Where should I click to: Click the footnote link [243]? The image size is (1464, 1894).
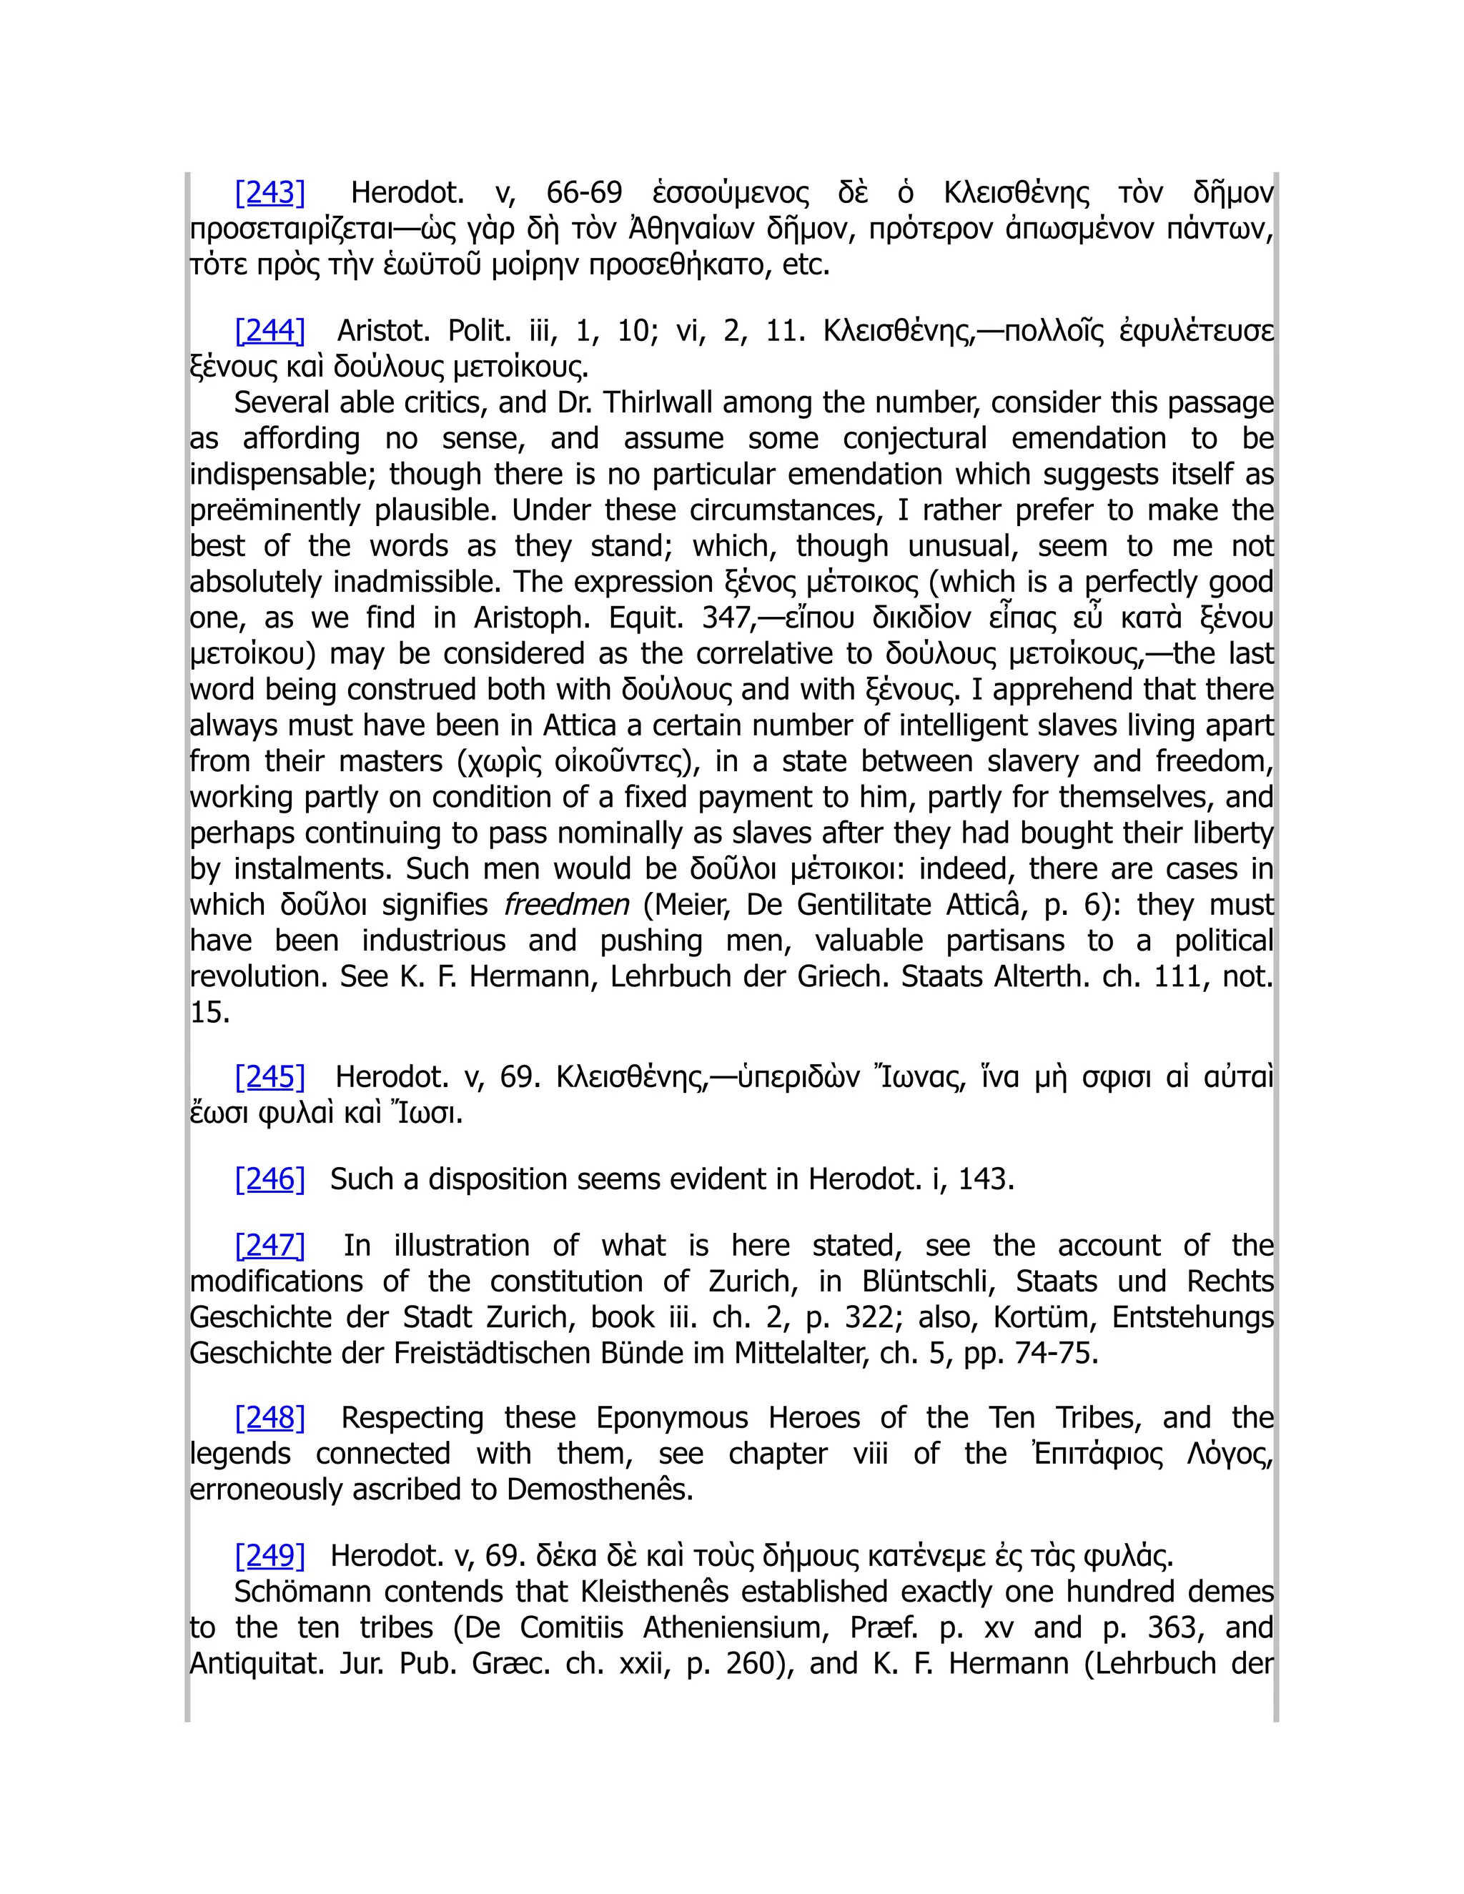269,192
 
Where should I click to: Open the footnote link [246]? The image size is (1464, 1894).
269,1179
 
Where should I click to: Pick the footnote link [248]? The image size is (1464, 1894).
269,1417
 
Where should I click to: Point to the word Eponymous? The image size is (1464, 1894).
671,1417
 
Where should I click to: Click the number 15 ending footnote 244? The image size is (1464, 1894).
209,1012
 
